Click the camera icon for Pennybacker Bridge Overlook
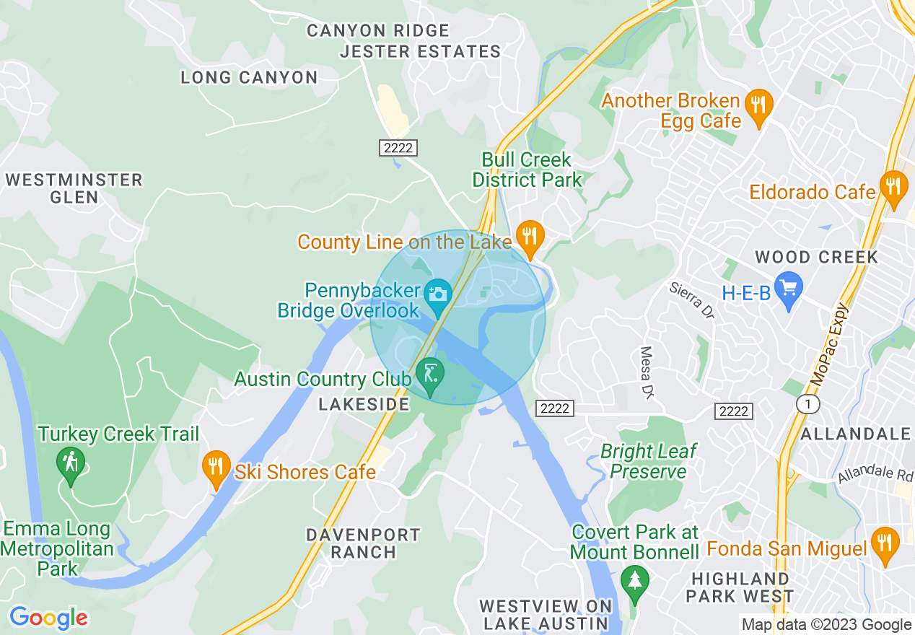point(437,294)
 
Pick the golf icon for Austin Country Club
point(431,374)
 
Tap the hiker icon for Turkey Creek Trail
point(70,461)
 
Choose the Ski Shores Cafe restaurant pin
point(216,467)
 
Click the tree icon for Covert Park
point(635,579)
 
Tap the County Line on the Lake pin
point(530,236)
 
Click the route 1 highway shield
point(808,404)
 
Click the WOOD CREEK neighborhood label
point(816,257)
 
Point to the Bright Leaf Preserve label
point(648,462)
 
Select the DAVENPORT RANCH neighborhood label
point(363,543)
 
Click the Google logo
point(48,618)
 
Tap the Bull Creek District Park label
point(527,170)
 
